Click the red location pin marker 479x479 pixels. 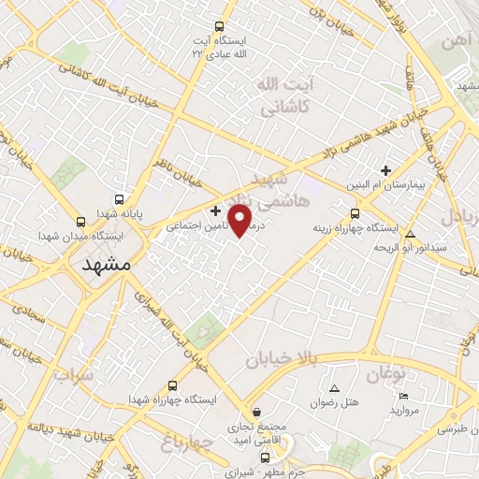click(240, 221)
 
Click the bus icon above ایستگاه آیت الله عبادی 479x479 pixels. click(219, 27)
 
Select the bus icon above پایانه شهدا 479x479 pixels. click(119, 199)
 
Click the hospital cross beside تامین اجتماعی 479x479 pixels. click(216, 210)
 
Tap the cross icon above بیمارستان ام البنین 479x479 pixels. click(385, 170)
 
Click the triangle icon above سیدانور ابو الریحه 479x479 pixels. click(410, 233)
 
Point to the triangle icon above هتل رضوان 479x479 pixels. click(334, 387)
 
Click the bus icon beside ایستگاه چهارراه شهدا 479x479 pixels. click(172, 385)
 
